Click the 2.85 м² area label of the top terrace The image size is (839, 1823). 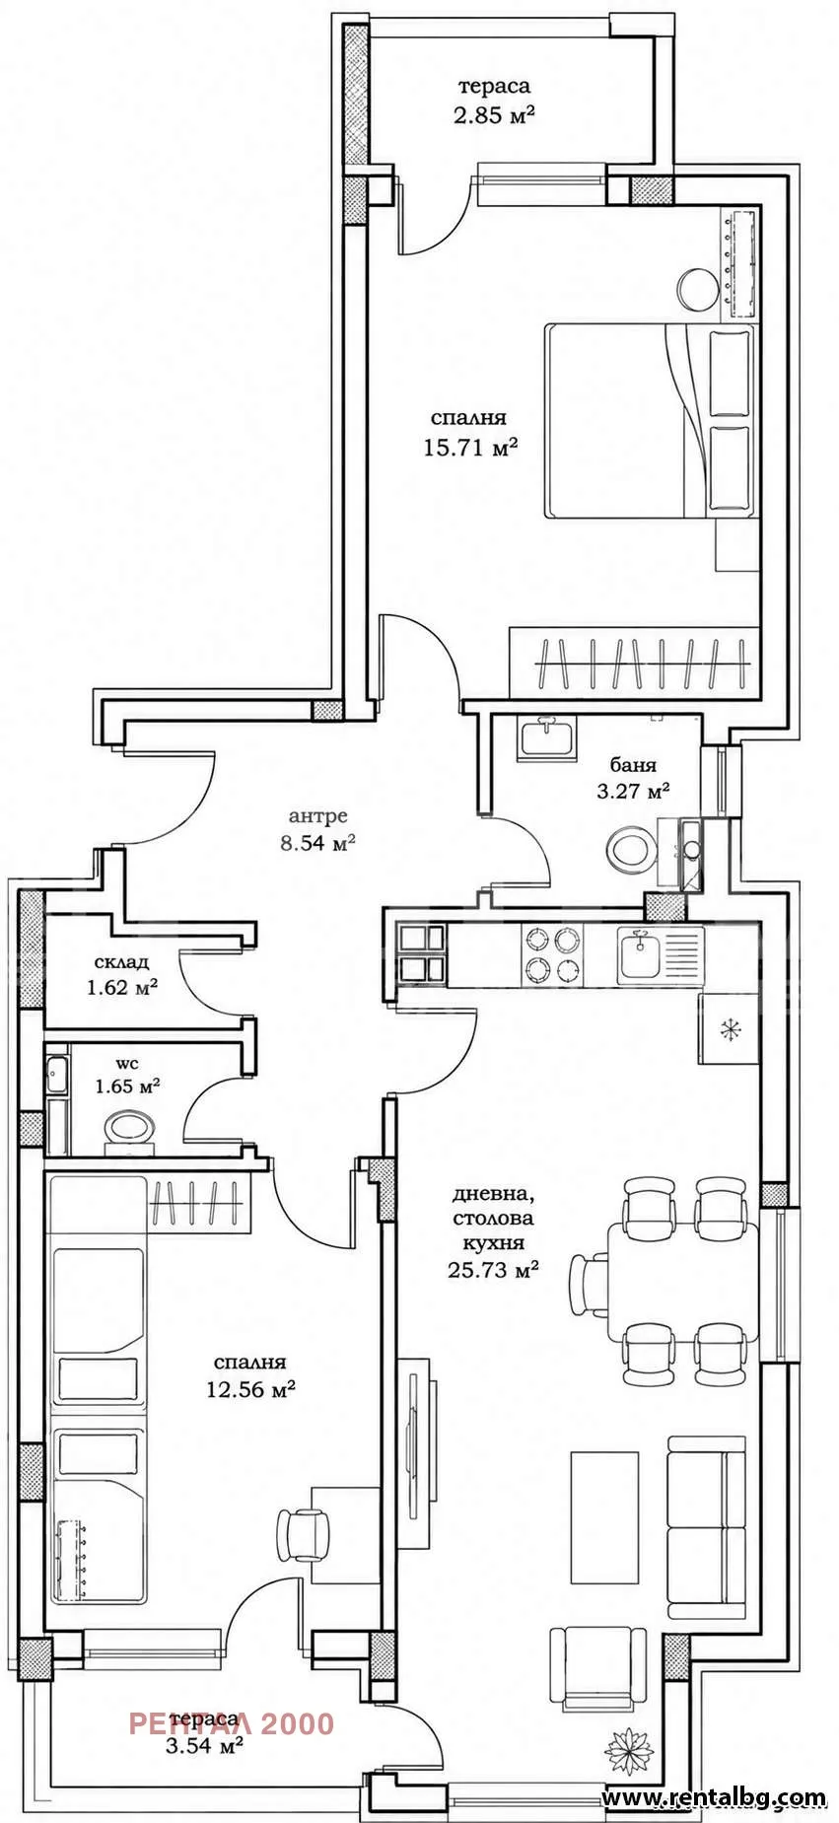[x=494, y=115]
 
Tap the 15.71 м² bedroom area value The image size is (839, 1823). [x=470, y=448]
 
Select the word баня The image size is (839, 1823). [x=633, y=764]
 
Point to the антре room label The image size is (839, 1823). [x=317, y=816]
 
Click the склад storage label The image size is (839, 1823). [x=122, y=962]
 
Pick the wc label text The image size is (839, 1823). [x=127, y=1064]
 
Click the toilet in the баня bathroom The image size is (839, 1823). [x=631, y=848]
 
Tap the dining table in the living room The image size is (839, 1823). [x=682, y=1281]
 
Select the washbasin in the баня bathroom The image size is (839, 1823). [x=548, y=737]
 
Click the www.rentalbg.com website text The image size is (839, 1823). [x=714, y=1797]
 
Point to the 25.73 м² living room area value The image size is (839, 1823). [x=494, y=1270]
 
